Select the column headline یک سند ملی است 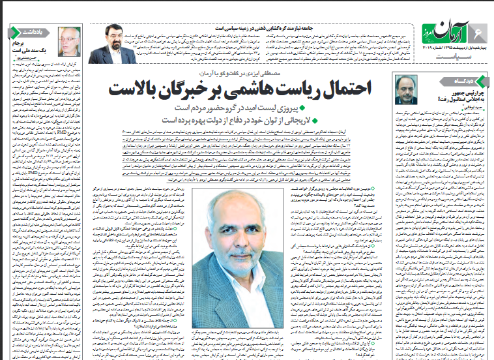click(33, 50)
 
